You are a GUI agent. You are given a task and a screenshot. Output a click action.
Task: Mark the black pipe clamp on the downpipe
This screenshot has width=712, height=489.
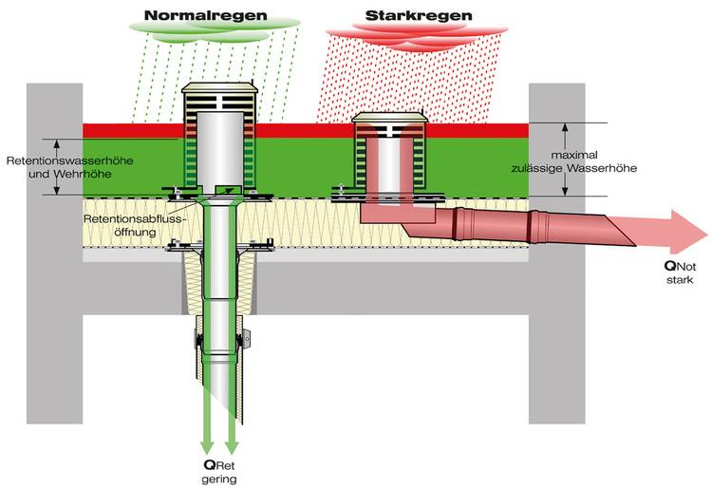pos(198,340)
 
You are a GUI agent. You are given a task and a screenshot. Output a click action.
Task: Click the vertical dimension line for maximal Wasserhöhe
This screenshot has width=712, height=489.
pos(566,159)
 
